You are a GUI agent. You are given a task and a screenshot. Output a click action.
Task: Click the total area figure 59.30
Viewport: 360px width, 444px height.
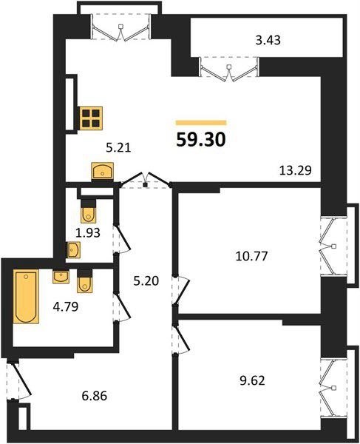pyautogui.click(x=201, y=140)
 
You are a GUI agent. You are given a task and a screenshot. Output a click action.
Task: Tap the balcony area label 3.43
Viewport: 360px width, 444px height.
pyautogui.click(x=268, y=40)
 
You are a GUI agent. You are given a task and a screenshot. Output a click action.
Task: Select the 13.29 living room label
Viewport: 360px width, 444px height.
pyautogui.click(x=295, y=170)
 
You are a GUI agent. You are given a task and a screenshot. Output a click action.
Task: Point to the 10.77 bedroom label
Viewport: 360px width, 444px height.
pyautogui.click(x=251, y=256)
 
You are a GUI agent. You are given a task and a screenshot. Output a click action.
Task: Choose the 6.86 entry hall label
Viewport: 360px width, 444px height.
pyautogui.click(x=95, y=396)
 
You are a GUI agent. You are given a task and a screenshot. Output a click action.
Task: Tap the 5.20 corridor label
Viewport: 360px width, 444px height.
pyautogui.click(x=146, y=281)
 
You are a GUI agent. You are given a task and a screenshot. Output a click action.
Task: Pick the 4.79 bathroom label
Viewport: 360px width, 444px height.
pyautogui.click(x=66, y=306)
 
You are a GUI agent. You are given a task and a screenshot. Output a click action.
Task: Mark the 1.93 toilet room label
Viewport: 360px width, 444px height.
pyautogui.click(x=88, y=233)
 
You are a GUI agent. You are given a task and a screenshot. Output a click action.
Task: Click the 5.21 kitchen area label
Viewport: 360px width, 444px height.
pyautogui.click(x=118, y=147)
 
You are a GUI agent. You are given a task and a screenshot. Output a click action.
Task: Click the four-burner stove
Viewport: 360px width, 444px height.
pyautogui.click(x=91, y=118)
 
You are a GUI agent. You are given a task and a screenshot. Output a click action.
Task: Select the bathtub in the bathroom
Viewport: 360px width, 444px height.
pyautogui.click(x=26, y=296)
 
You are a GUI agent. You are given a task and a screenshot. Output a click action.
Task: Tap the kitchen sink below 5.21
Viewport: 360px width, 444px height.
pyautogui.click(x=102, y=171)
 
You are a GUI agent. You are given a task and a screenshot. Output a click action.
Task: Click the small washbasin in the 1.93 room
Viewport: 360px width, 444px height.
pyautogui.click(x=73, y=250)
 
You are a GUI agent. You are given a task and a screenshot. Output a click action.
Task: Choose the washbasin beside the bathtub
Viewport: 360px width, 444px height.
pyautogui.click(x=61, y=277)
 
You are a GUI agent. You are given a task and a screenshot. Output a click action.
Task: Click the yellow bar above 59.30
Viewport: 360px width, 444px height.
pyautogui.click(x=201, y=123)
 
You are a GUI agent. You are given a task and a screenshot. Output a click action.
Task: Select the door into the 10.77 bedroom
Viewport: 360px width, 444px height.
pyautogui.click(x=181, y=290)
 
